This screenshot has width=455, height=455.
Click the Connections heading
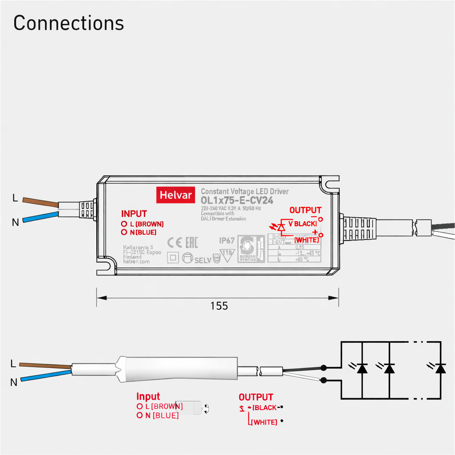pos(68,23)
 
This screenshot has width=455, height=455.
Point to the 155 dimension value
pos(219,306)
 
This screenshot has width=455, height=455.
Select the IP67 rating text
pos(227,240)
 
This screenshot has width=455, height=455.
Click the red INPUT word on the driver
pos(134,214)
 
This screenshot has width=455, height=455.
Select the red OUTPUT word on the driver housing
pos(305,210)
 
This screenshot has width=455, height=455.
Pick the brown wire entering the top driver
pos(39,202)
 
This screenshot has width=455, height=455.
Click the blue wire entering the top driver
pos(39,217)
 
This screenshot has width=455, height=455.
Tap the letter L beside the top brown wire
pos(15,199)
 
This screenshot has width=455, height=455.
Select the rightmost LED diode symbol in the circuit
pos(440,368)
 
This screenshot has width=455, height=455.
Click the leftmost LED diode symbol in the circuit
pos(362,368)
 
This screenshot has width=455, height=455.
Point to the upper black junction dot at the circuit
pos(324,367)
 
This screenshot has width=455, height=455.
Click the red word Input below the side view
pos(148,396)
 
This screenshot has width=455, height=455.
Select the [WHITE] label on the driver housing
pos(307,240)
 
